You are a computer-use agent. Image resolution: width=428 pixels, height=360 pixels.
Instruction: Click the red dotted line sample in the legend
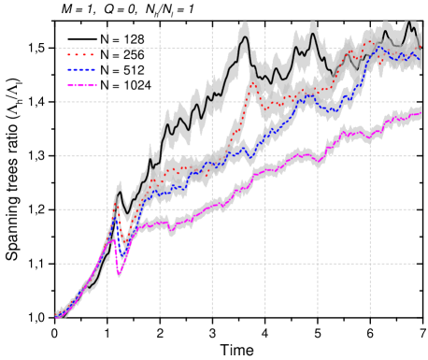[81, 54]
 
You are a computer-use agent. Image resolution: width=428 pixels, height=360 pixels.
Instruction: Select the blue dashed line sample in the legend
[81, 70]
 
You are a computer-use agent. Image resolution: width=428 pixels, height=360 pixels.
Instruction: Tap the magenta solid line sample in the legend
[81, 85]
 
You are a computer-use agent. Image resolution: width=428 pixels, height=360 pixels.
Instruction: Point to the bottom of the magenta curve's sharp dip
[119, 275]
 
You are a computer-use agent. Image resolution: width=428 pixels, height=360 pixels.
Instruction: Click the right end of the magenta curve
[421, 113]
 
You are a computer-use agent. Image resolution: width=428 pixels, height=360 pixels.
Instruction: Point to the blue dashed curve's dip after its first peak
[122, 259]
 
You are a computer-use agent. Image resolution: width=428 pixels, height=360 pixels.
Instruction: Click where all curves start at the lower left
[56, 317]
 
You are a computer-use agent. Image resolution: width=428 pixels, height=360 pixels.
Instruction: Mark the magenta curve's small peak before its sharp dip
[112, 239]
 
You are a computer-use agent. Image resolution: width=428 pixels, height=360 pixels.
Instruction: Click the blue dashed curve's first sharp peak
[116, 219]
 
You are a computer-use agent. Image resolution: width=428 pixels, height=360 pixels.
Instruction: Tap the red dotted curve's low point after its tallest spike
[265, 110]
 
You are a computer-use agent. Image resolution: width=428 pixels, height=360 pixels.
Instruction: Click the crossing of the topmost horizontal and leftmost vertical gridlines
[107, 49]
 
